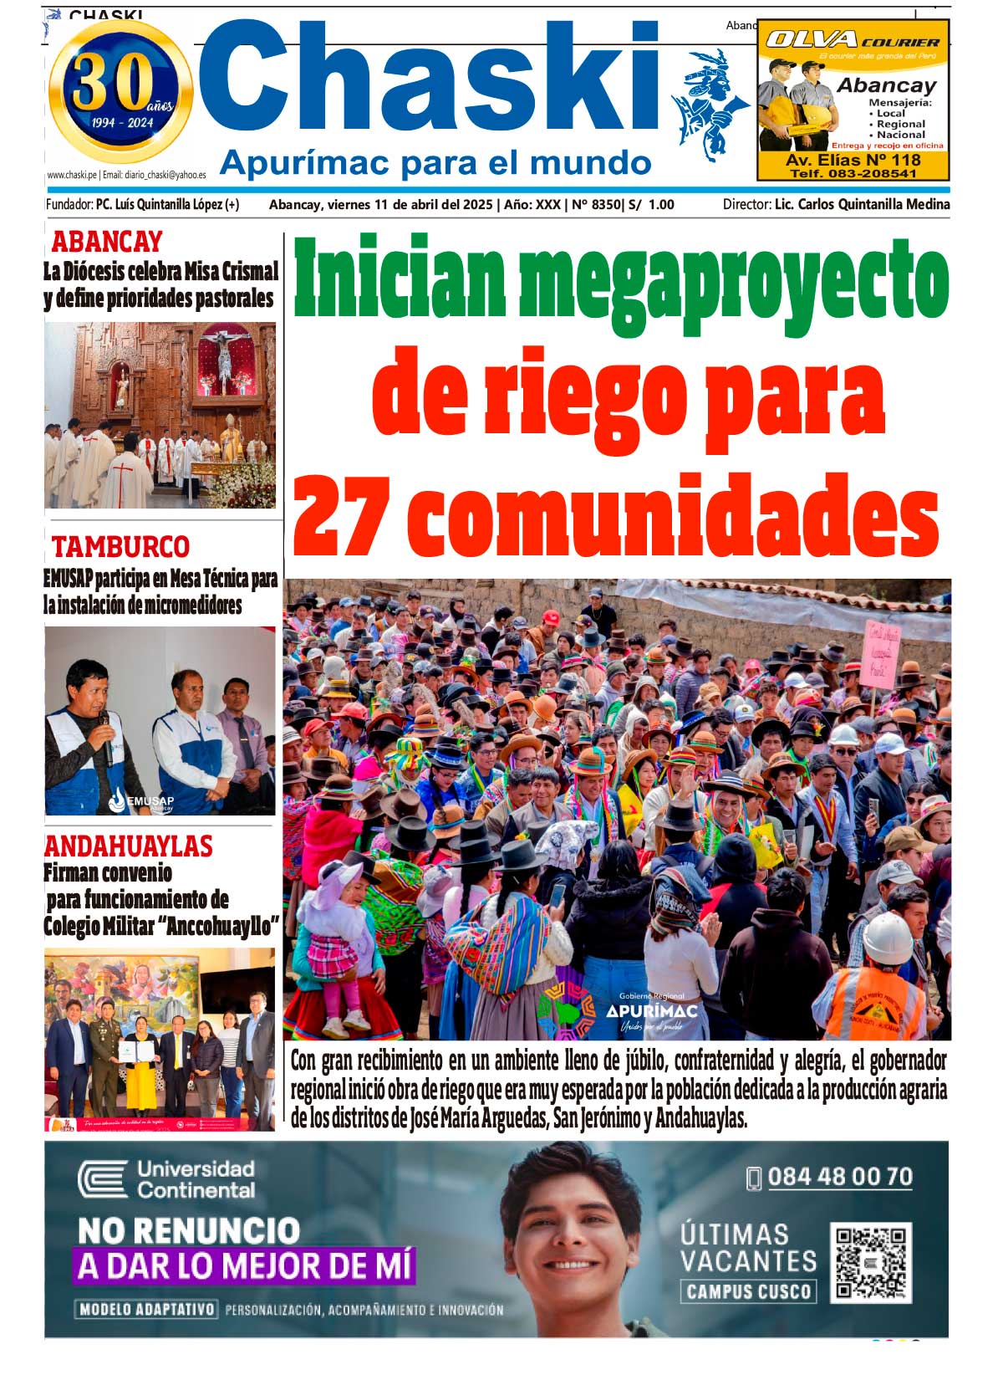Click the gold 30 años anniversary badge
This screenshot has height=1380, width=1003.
121,92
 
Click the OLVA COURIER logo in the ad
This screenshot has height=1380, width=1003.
853,39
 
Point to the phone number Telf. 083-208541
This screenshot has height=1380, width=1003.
853,174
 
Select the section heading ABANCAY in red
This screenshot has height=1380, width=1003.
107,242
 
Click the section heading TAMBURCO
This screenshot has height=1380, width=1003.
120,547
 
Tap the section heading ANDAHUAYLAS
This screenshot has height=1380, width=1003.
129,846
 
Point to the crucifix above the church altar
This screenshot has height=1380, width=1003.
224,360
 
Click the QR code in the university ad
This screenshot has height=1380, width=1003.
870,1262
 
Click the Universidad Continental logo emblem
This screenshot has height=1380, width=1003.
102,1179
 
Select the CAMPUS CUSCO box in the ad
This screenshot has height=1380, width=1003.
747,1291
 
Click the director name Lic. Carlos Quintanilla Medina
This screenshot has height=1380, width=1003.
862,204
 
